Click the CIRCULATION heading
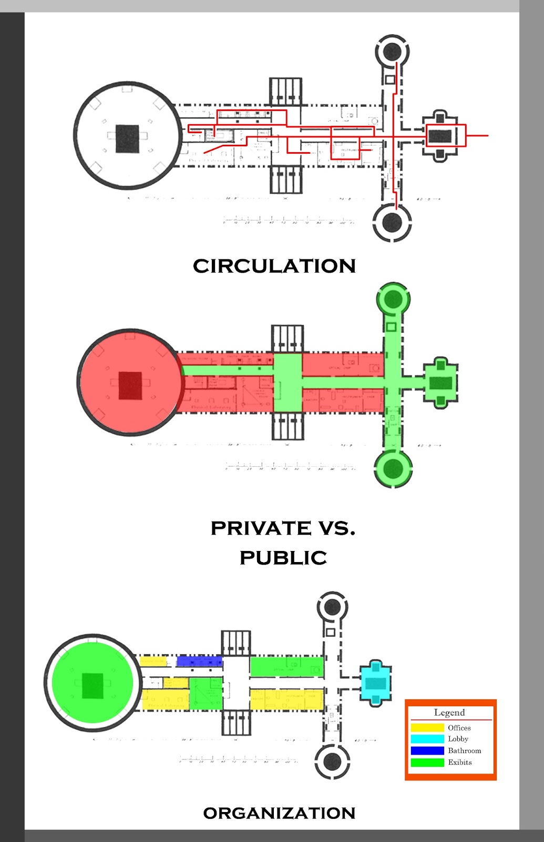click(274, 266)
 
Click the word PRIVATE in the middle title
click(261, 528)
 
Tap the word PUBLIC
click(283, 557)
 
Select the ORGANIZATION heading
click(279, 813)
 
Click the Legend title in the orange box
click(449, 713)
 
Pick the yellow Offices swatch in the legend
click(427, 728)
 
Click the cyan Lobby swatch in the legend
click(427, 739)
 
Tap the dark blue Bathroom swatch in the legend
click(427, 750)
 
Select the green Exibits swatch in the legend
click(427, 762)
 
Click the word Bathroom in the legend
click(464, 750)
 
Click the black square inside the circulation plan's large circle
click(127, 138)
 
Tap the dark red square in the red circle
click(130, 385)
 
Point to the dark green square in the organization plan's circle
click(93, 685)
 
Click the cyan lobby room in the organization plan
click(376, 683)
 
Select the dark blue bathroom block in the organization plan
click(199, 661)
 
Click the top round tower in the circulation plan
click(392, 52)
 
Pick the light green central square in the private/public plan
click(288, 383)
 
